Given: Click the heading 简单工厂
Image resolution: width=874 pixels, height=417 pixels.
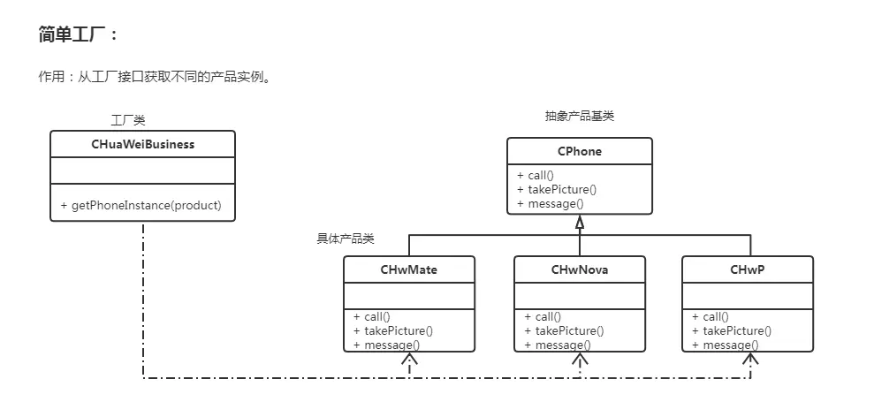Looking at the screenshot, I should click(x=78, y=34).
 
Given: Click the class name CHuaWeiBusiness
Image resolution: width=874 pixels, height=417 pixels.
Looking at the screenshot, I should click(x=142, y=144).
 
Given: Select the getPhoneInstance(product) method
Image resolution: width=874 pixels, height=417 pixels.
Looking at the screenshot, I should click(x=141, y=205).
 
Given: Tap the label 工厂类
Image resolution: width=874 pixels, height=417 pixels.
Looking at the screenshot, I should click(x=127, y=120).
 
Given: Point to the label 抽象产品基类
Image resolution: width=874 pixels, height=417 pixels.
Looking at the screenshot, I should click(x=579, y=116).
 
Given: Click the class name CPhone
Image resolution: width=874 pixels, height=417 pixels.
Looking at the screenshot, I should click(x=579, y=151).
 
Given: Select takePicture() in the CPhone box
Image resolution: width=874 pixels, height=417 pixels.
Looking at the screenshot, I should click(x=557, y=189).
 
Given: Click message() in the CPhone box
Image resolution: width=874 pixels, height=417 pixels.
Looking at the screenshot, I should click(x=551, y=203).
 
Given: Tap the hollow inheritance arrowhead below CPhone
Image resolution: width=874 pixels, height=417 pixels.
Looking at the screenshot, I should click(x=580, y=223).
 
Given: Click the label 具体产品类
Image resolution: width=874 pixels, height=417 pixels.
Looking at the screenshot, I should click(x=346, y=239).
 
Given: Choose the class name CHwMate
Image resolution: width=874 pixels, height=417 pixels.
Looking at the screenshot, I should click(x=408, y=269).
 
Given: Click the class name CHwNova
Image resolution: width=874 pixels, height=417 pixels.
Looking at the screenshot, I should click(x=580, y=269).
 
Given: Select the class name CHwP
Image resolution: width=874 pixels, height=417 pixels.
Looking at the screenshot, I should click(x=748, y=269).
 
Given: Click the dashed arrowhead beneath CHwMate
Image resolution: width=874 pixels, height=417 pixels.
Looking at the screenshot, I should click(x=408, y=360).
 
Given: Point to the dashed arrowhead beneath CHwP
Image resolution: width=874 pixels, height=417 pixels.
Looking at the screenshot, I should click(x=750, y=360).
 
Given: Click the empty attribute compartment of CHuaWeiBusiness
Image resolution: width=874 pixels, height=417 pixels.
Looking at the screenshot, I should click(x=142, y=170).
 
